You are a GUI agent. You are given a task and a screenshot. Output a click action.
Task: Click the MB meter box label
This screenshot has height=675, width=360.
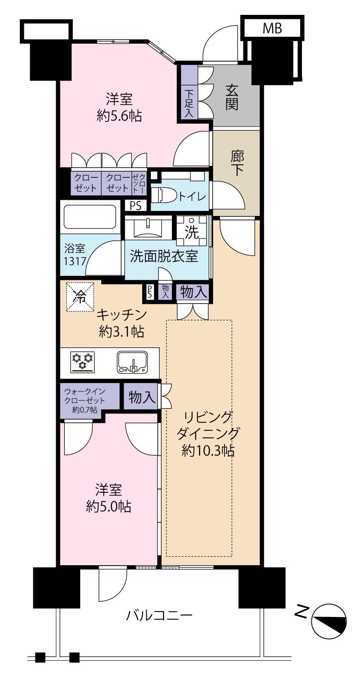(x=272, y=28)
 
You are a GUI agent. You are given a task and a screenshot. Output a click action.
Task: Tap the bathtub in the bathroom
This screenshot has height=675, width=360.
(x=90, y=217)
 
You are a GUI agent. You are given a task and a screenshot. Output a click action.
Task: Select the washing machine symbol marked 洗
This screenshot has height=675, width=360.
(x=192, y=231)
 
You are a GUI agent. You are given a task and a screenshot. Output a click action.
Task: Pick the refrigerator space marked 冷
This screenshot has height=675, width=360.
(x=80, y=296)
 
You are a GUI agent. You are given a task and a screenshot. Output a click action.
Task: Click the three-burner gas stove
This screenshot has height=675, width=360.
(x=82, y=360)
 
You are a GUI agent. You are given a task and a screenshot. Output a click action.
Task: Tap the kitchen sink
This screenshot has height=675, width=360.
(x=132, y=362)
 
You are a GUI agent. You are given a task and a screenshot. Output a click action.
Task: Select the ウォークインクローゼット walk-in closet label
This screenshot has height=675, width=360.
(x=85, y=400)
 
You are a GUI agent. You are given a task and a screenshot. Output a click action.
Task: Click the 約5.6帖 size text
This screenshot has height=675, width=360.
(x=119, y=116)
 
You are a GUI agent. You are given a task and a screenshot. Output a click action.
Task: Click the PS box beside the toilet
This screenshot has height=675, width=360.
(x=135, y=206)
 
